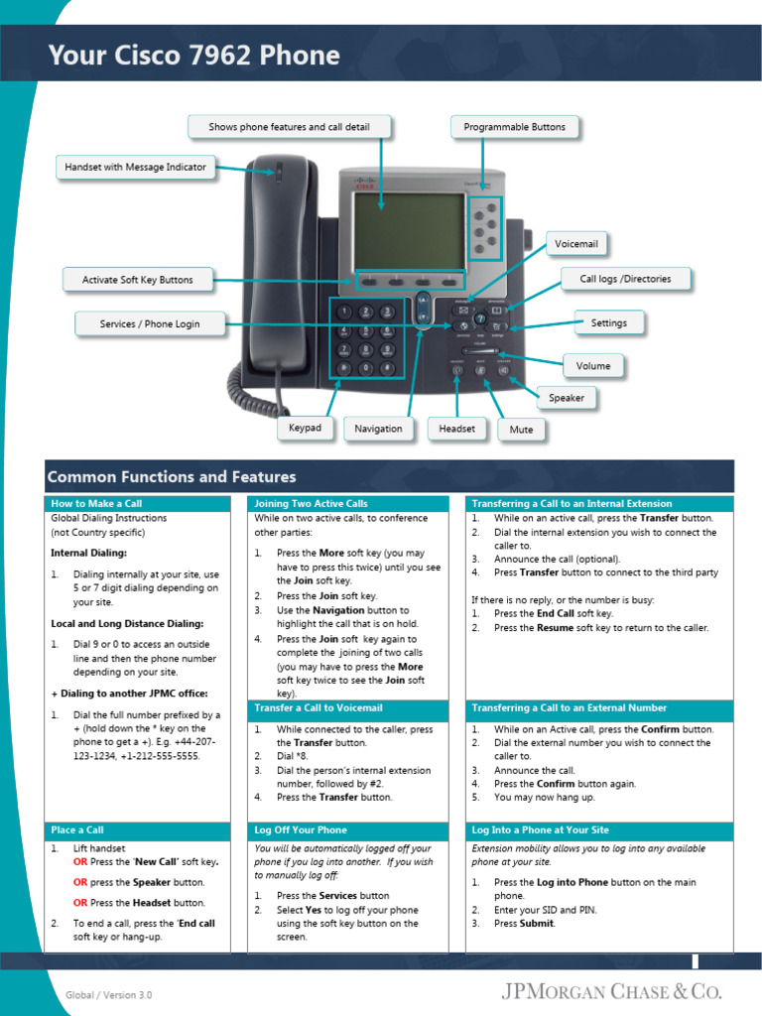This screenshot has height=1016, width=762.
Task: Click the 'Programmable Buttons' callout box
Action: point(514,127)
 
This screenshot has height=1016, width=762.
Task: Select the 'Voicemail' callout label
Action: point(576,244)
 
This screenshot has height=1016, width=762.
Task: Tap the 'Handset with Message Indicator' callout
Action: point(135,167)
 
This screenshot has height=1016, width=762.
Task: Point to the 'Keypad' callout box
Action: point(305,428)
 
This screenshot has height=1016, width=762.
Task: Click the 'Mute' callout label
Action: point(521,430)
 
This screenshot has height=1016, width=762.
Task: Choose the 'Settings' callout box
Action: point(608,322)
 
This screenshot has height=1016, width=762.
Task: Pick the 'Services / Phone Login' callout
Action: point(149,323)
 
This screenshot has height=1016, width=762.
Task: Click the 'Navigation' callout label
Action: point(378,429)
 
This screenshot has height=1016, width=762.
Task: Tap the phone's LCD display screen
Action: point(409,230)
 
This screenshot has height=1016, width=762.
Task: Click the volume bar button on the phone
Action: point(481,352)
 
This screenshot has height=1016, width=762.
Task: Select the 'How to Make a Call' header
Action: point(96,504)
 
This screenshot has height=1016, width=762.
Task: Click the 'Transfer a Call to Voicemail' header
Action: point(317,708)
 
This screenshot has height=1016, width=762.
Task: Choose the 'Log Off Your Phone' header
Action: point(300,829)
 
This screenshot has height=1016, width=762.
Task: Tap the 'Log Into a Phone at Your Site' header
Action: point(540,829)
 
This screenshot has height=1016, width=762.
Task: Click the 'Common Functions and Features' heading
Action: point(172,477)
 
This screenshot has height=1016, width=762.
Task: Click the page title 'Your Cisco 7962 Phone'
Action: point(193,56)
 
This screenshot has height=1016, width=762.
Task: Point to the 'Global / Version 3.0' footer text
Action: point(109,994)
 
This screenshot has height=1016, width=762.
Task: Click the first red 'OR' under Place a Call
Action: point(80,861)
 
